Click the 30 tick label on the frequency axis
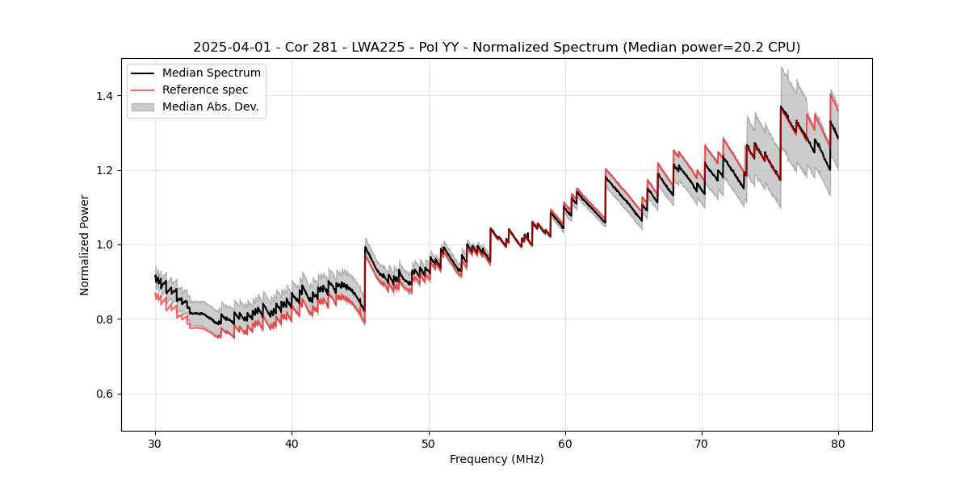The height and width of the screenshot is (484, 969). tap(155, 443)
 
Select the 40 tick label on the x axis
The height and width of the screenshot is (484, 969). tap(292, 443)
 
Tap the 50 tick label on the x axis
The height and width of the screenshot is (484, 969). tap(428, 443)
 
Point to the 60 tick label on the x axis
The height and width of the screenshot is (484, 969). tap(565, 443)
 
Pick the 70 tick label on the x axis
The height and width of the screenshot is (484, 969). tap(702, 443)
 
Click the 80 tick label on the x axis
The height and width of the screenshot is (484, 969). tap(838, 443)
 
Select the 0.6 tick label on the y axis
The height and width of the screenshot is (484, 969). tap(104, 394)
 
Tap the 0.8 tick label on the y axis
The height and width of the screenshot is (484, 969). tap(104, 319)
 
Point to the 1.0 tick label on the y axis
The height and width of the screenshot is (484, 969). tap(104, 244)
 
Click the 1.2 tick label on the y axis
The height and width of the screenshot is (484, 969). tap(104, 170)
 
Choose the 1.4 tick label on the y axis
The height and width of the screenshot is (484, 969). tap(104, 96)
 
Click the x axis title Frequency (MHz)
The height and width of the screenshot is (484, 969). tap(497, 459)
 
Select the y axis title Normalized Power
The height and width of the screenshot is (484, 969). tap(85, 244)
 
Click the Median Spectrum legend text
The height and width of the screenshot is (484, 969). tap(212, 73)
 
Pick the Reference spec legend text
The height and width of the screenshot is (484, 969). tap(205, 90)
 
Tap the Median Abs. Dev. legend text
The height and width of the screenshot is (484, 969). tap(211, 106)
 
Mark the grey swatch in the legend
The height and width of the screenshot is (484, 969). tap(145, 106)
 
